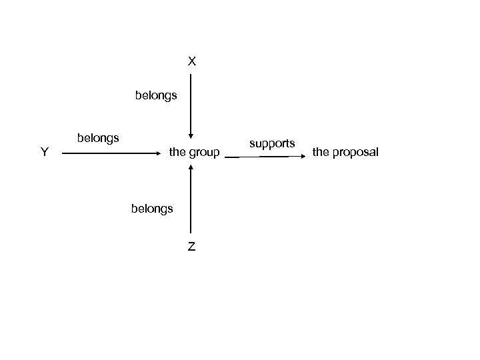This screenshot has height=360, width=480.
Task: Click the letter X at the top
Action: pyautogui.click(x=191, y=61)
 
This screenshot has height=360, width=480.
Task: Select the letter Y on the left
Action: pyautogui.click(x=43, y=152)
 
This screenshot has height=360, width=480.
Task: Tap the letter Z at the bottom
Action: pyautogui.click(x=191, y=247)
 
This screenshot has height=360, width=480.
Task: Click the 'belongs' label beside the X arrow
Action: pyautogui.click(x=156, y=95)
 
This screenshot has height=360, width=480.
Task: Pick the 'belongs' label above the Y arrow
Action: pyautogui.click(x=98, y=138)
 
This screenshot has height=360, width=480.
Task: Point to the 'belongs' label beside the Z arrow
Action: pyautogui.click(x=152, y=208)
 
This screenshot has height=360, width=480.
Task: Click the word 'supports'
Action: pyautogui.click(x=272, y=143)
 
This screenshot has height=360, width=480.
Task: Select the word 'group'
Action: pyautogui.click(x=204, y=153)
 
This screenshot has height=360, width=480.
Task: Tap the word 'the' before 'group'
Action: pyautogui.click(x=177, y=153)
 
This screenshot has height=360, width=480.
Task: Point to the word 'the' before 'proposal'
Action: pyautogui.click(x=321, y=153)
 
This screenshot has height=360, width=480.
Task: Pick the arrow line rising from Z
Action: pyautogui.click(x=191, y=200)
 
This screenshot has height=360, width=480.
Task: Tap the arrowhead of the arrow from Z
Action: pyautogui.click(x=191, y=168)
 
